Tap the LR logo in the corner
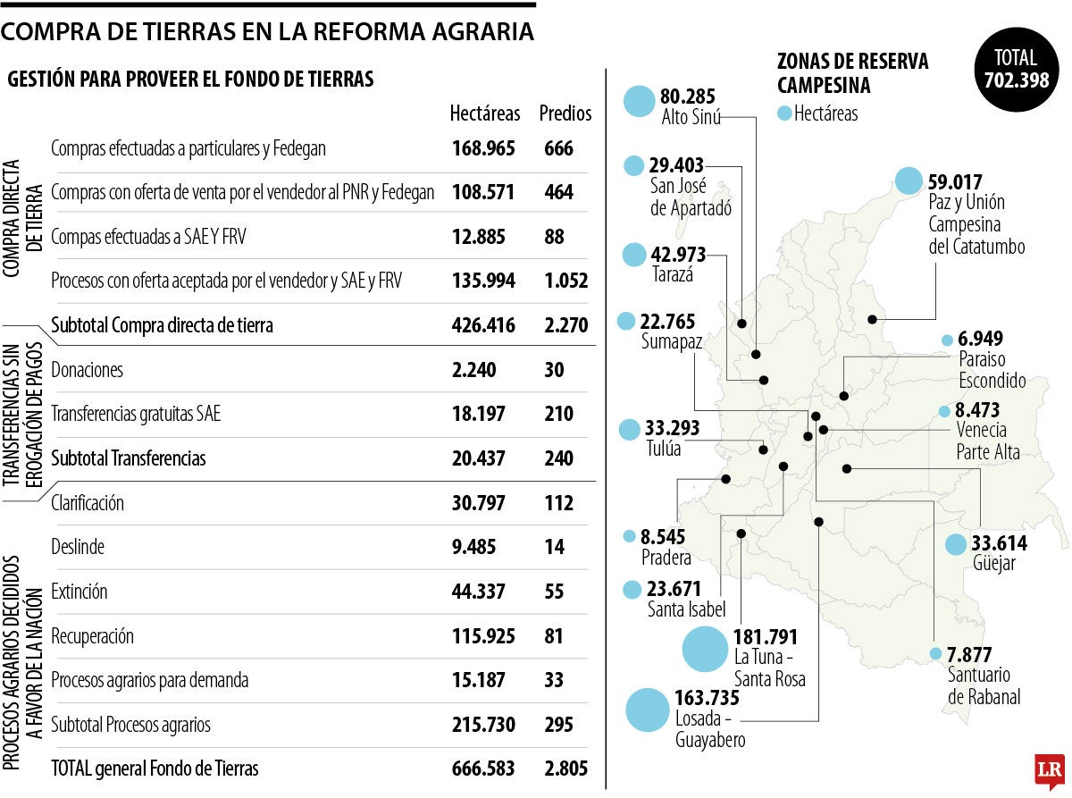point(1048,769)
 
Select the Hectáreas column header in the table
point(484,113)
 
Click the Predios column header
point(565,113)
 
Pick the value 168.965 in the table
point(483,148)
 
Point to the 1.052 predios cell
point(565,281)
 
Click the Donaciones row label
point(88,370)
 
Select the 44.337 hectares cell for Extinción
point(479,592)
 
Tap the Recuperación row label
point(93,636)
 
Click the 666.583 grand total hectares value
point(483,769)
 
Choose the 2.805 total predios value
point(565,769)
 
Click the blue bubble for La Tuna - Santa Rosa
point(705,650)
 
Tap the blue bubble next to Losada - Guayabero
point(648,710)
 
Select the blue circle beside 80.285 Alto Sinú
point(639,102)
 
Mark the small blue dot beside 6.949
point(947,340)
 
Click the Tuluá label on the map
point(663,449)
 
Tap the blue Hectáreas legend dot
point(784,113)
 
